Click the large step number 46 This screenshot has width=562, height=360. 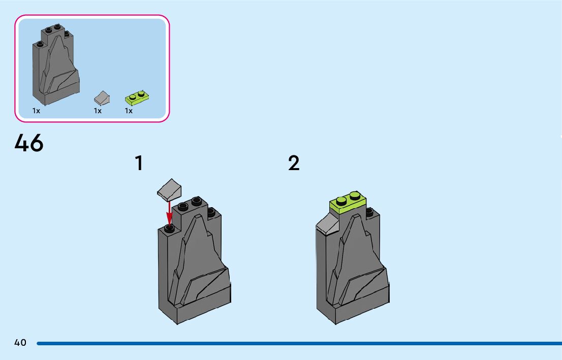pos(29,143)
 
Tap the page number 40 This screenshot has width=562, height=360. pos(20,343)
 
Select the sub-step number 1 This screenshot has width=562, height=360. pos(139,163)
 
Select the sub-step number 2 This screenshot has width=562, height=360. pos(294,163)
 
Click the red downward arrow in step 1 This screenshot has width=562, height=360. pos(169,213)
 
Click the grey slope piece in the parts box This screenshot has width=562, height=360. pos(102,98)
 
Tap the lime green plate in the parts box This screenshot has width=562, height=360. pos(137,98)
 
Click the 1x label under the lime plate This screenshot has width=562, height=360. pos(129,111)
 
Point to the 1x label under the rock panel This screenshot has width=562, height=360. pos(37,111)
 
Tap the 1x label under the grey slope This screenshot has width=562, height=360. pos(98,111)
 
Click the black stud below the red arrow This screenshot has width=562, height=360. pos(169,228)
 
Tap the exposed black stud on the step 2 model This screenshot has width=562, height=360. pos(369,211)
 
